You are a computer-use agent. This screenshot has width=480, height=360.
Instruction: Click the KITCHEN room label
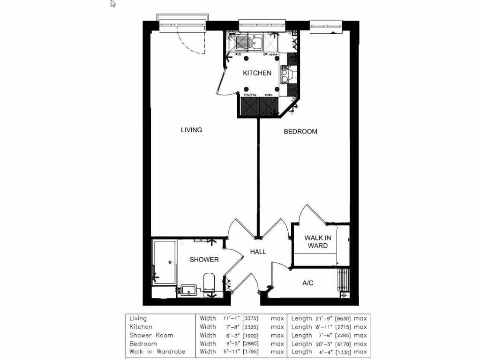click(256, 73)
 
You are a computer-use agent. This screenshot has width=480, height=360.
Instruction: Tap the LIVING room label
click(191, 130)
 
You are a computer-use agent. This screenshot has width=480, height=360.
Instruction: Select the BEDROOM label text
click(300, 132)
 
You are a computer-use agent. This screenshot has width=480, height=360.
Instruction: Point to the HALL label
click(258, 252)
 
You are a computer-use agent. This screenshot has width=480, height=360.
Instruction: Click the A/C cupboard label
click(307, 283)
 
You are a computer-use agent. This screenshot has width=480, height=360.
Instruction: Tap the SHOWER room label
click(204, 260)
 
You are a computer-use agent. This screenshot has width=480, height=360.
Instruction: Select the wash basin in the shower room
click(188, 290)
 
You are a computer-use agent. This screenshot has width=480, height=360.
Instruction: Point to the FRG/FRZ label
click(250, 95)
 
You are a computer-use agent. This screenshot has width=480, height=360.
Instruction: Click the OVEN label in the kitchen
click(269, 95)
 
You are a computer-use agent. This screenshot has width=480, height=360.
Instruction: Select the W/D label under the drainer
click(238, 55)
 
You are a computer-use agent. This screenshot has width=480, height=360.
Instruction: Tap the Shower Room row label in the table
click(151, 335)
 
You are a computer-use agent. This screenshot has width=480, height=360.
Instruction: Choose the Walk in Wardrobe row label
click(157, 352)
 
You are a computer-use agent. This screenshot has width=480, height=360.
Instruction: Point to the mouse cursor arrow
click(113, 4)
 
